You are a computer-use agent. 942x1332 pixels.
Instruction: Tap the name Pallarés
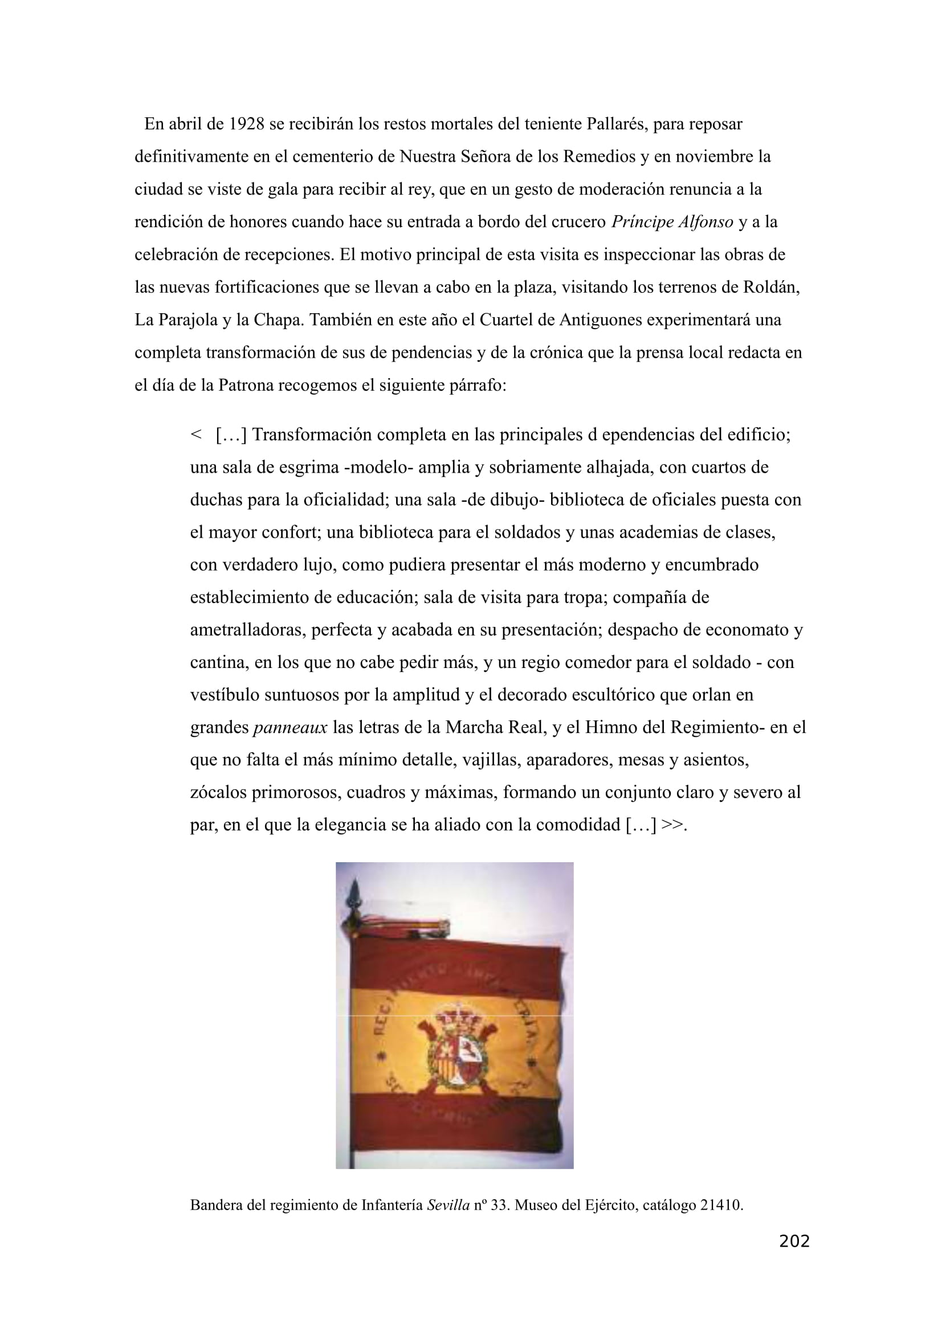[x=617, y=124]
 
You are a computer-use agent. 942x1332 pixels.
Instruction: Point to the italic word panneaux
[x=290, y=727]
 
